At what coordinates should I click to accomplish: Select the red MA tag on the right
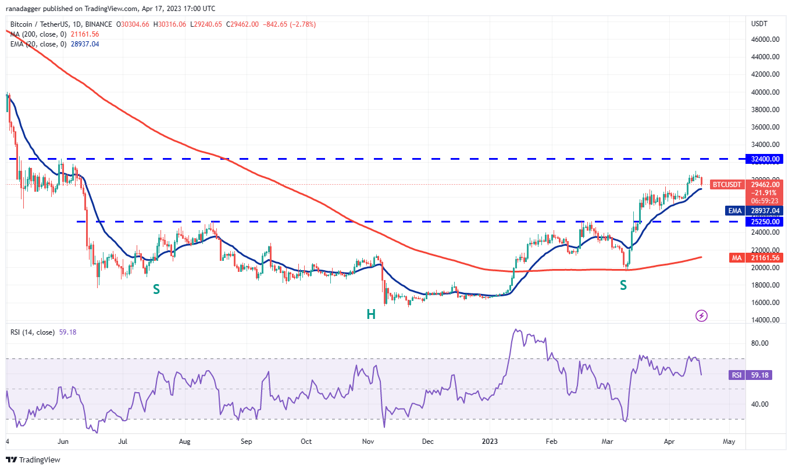(736, 258)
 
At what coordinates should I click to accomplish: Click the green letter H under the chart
(370, 314)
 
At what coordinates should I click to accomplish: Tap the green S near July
(156, 289)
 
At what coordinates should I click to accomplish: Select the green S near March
(623, 285)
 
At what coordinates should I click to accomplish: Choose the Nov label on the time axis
(369, 442)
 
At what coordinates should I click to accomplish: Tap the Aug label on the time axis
(185, 442)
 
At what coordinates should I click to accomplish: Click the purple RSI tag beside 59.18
(736, 375)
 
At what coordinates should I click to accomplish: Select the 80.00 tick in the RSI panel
(761, 343)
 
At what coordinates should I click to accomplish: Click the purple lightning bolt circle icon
(702, 315)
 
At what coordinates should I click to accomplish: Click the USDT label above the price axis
(759, 24)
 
